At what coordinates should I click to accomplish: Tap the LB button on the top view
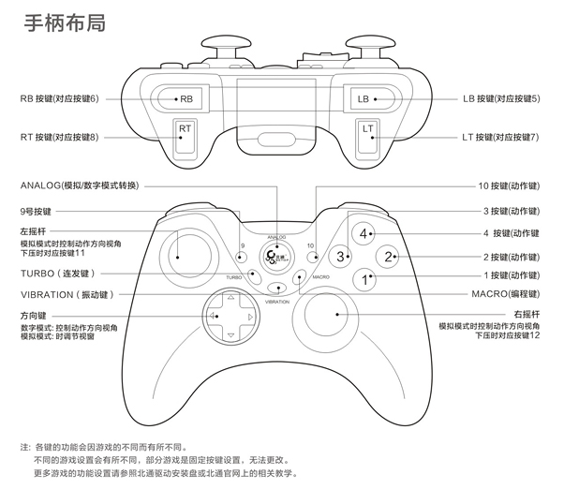tap(364, 97)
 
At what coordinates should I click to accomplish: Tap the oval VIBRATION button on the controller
tap(276, 289)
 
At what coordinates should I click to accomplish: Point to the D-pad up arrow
tap(226, 301)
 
